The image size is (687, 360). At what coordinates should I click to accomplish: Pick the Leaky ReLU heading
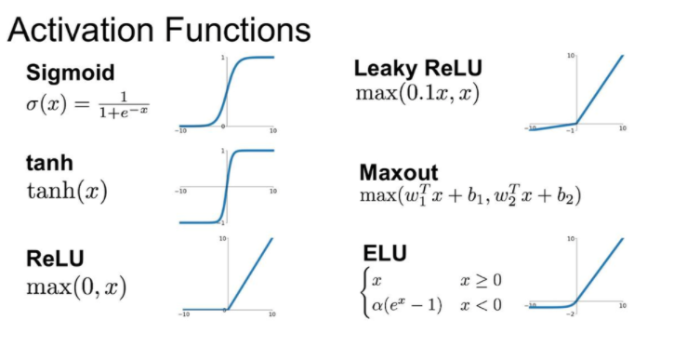[x=418, y=68]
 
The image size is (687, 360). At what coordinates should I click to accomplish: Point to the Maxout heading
[x=398, y=173]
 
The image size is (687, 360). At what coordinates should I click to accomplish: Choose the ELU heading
[x=384, y=254]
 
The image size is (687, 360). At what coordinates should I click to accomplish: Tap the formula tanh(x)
[x=66, y=192]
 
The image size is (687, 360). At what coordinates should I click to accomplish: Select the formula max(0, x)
[x=76, y=285]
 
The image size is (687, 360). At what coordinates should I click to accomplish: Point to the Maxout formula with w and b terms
[x=469, y=196]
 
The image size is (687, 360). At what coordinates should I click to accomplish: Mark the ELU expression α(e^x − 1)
[x=407, y=304]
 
